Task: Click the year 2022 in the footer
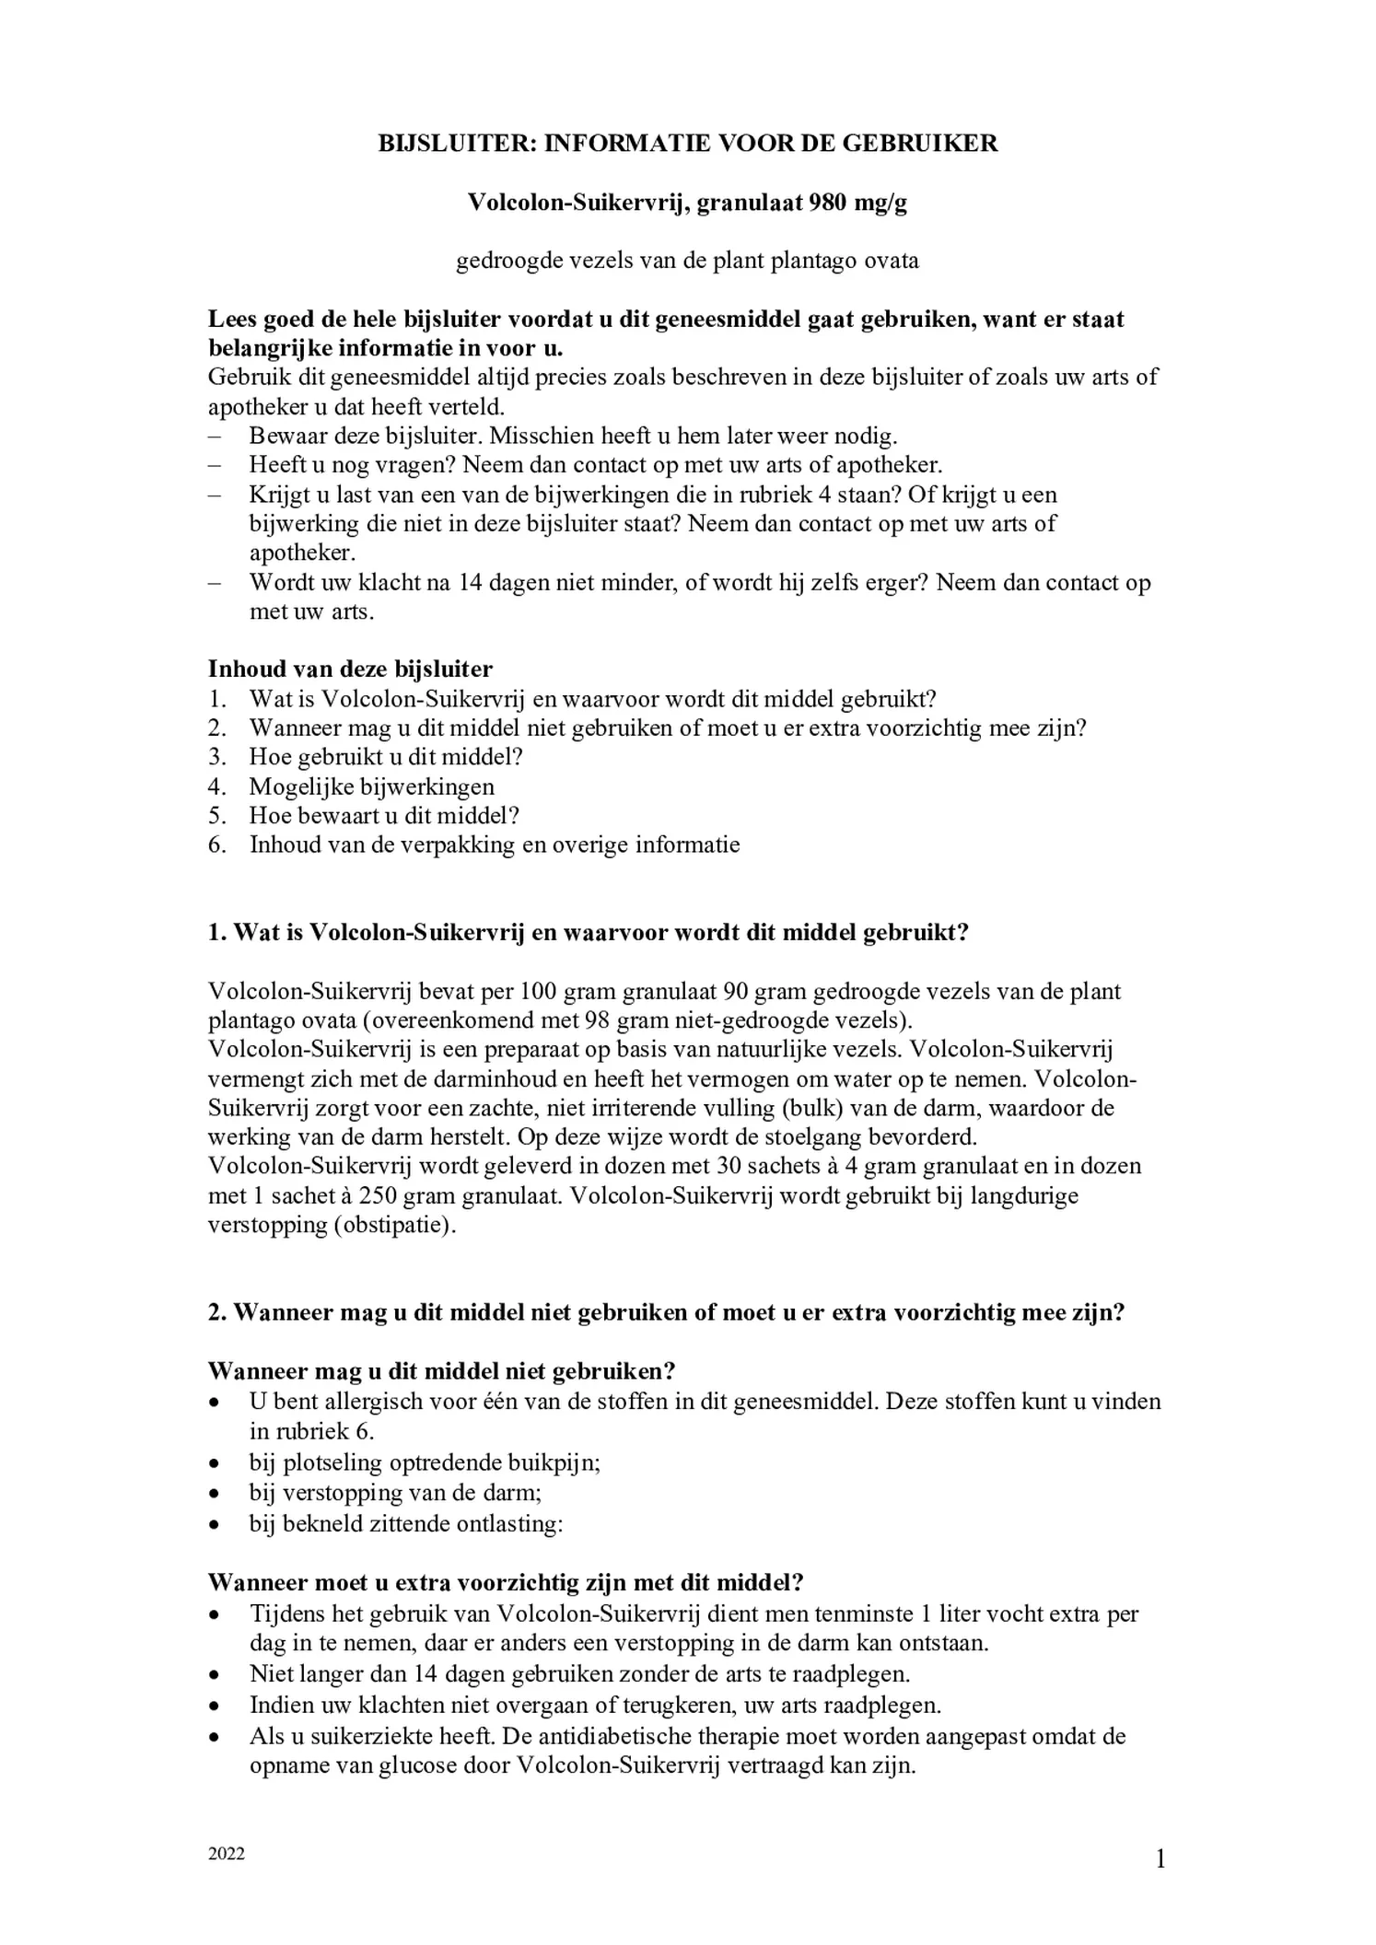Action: tap(227, 1854)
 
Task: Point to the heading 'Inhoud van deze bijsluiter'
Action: tap(350, 669)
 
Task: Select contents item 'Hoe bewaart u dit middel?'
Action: tap(384, 816)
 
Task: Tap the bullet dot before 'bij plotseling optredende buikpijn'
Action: tap(214, 1463)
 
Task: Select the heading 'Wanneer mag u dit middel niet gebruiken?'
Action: tap(442, 1371)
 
